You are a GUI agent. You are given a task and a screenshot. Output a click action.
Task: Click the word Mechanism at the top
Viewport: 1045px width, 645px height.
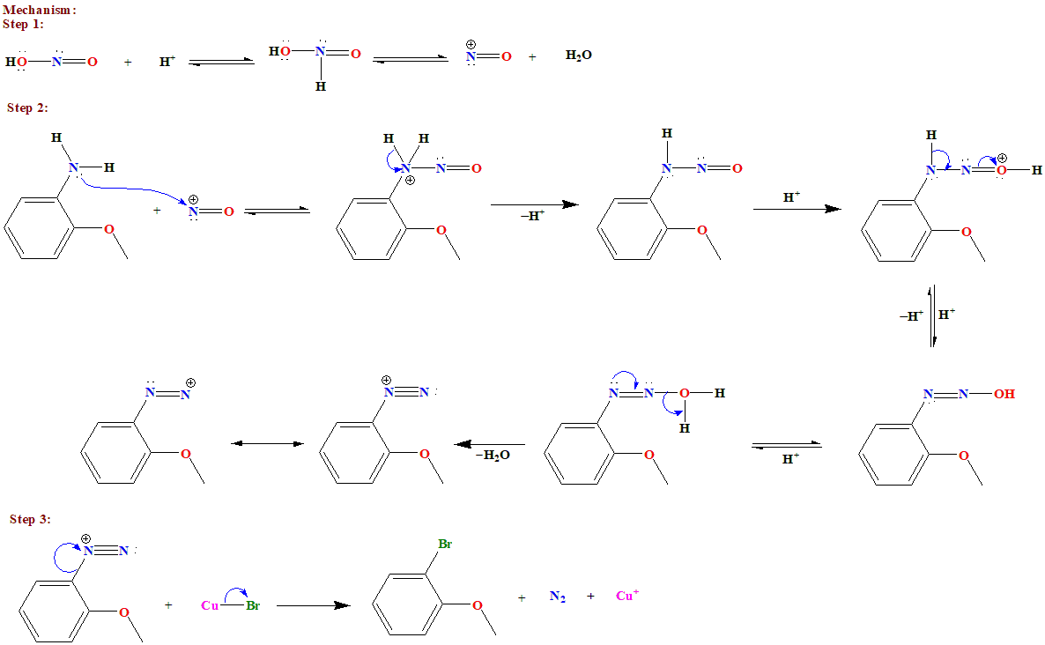click(39, 10)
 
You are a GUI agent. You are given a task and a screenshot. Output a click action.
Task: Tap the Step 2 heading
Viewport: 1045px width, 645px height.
click(27, 107)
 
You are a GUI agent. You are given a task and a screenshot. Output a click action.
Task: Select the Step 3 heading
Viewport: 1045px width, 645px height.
click(30, 519)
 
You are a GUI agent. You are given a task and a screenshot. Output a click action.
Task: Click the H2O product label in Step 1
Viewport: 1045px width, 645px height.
click(578, 56)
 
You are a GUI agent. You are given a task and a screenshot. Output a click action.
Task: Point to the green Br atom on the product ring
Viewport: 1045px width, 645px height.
click(445, 545)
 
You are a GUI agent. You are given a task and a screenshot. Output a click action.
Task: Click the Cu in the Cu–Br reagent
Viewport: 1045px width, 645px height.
click(210, 605)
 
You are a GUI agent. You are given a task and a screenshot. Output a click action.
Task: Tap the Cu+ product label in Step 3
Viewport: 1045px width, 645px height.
click(626, 597)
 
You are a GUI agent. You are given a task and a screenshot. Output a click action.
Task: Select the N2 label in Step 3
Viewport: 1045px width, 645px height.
click(557, 597)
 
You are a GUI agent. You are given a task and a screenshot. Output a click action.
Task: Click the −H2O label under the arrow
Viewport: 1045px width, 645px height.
click(493, 456)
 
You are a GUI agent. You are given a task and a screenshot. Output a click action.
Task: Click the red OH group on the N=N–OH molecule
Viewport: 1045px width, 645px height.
click(1004, 394)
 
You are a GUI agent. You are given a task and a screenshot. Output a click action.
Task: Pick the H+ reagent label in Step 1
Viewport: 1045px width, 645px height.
click(167, 62)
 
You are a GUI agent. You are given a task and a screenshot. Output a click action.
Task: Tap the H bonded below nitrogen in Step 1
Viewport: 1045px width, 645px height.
click(321, 87)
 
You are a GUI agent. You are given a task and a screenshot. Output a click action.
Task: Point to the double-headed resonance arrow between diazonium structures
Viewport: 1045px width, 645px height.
click(267, 443)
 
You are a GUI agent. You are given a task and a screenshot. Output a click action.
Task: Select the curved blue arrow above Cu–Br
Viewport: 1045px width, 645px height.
click(234, 592)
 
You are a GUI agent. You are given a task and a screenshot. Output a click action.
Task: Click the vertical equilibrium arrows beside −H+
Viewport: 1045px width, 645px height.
click(932, 315)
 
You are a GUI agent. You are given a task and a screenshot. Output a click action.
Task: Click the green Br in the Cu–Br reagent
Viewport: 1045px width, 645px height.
click(253, 605)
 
